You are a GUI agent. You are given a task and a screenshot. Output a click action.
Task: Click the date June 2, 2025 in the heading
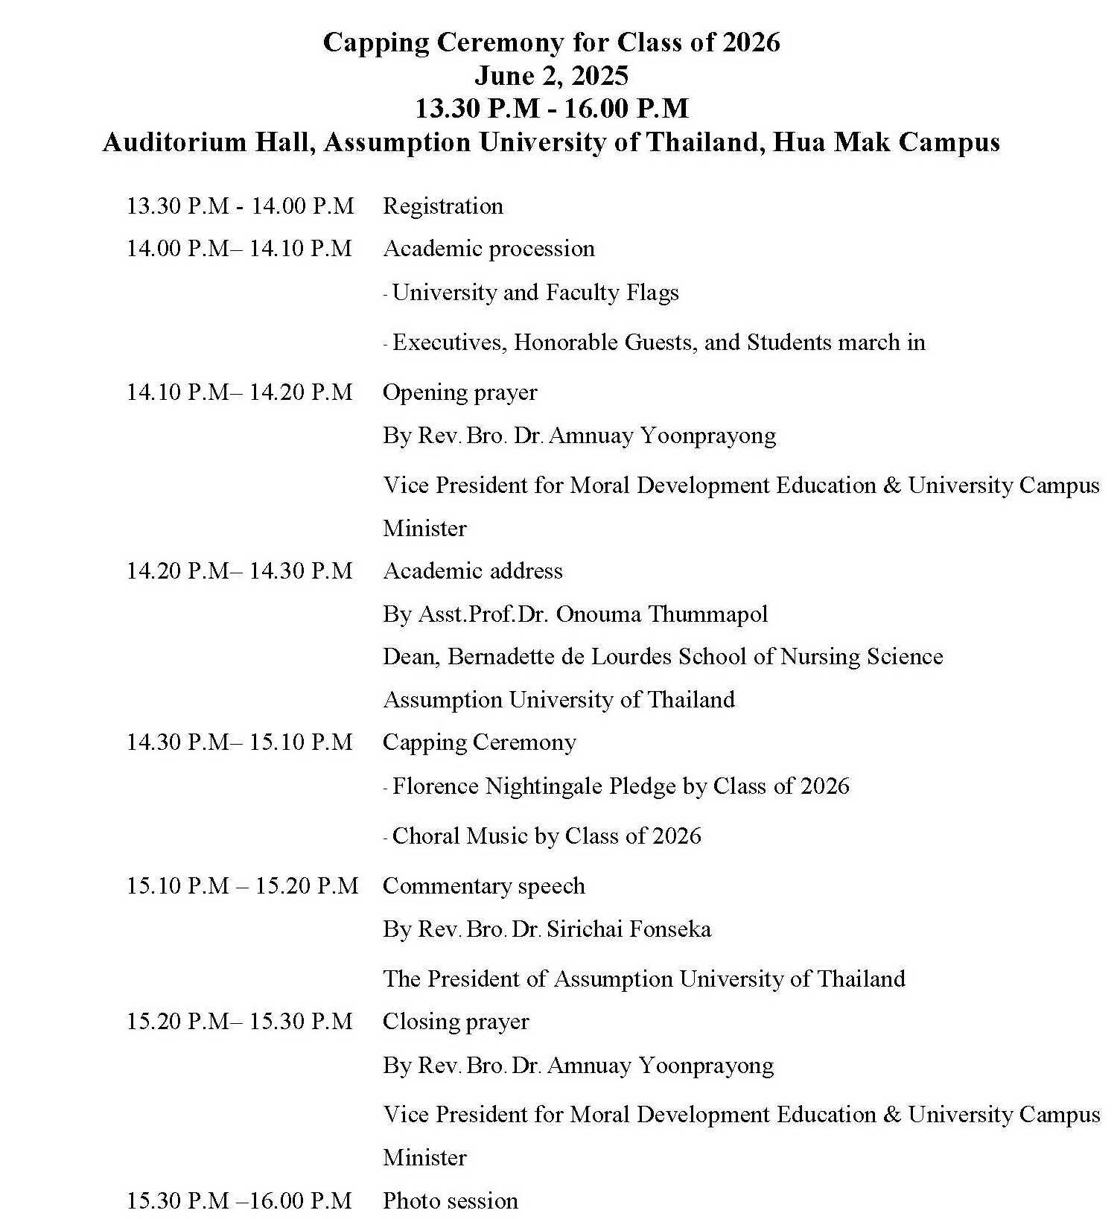tap(551, 75)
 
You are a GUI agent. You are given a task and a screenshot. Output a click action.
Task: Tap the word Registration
tap(443, 206)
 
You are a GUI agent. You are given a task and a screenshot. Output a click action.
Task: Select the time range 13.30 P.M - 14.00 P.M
tap(240, 206)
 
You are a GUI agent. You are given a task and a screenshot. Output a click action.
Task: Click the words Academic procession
tap(489, 248)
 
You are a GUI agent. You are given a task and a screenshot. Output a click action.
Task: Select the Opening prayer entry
tap(459, 392)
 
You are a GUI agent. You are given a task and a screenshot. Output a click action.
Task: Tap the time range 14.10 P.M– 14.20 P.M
tap(239, 392)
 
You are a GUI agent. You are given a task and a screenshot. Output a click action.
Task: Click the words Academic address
tap(472, 570)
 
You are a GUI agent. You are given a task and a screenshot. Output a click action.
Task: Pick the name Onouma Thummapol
tap(661, 614)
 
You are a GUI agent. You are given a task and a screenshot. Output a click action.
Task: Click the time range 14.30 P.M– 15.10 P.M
tap(239, 742)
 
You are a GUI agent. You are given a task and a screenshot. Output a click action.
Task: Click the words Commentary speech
tap(483, 885)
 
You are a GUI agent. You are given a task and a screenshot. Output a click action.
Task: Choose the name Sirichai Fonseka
tap(628, 929)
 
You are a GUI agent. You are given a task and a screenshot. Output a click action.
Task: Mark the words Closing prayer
tap(455, 1021)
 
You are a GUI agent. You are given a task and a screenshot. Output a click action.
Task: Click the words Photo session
tap(450, 1200)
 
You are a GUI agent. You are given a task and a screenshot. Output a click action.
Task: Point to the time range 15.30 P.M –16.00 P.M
tap(239, 1200)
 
